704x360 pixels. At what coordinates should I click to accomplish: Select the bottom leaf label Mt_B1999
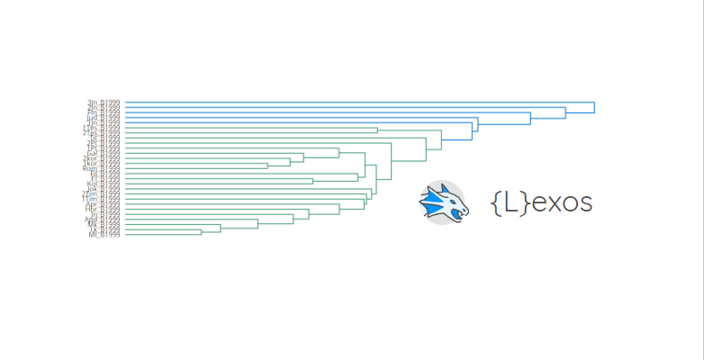(x=104, y=235)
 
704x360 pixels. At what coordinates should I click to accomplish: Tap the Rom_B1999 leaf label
(x=97, y=168)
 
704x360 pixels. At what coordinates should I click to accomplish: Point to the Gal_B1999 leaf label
(x=98, y=153)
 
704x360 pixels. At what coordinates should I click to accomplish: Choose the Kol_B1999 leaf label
(x=100, y=184)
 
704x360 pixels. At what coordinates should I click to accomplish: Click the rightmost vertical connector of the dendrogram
(x=594, y=108)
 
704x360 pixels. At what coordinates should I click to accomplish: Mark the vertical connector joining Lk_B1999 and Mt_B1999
(x=201, y=232)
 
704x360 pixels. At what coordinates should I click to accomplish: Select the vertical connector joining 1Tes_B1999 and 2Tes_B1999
(x=378, y=130)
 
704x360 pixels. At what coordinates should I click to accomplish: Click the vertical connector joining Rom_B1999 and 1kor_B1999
(x=267, y=166)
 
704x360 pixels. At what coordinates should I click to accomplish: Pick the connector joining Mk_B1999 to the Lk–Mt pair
(x=220, y=228)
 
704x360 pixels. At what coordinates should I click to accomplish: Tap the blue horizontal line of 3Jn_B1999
(x=360, y=103)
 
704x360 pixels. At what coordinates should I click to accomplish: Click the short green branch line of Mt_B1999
(x=162, y=235)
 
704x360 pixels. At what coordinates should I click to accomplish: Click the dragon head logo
(x=443, y=202)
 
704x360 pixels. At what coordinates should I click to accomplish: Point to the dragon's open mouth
(x=460, y=211)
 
